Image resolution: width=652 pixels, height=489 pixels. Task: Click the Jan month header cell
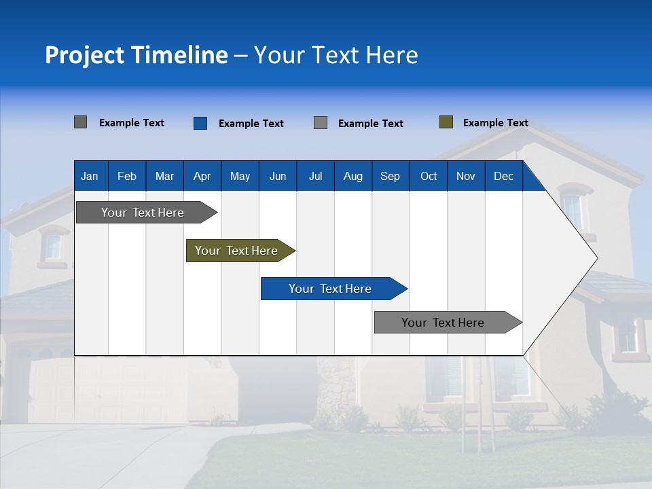tap(90, 176)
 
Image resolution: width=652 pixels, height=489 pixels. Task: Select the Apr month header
tap(202, 176)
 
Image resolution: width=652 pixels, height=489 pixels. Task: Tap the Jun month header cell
tap(277, 176)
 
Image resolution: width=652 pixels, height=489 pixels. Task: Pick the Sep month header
tap(390, 176)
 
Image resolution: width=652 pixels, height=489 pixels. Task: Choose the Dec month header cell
tap(503, 176)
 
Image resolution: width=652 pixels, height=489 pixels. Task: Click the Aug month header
tap(352, 176)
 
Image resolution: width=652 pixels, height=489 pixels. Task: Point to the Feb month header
tap(127, 176)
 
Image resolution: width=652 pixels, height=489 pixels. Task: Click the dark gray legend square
tap(80, 122)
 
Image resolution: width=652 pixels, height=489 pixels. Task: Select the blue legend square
tap(200, 123)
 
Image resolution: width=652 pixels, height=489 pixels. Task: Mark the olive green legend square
tap(446, 122)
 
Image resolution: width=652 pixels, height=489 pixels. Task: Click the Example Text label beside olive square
tap(495, 123)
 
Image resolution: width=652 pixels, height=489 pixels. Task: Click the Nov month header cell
tap(465, 176)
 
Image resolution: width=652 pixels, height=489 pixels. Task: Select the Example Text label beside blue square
tap(251, 124)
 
